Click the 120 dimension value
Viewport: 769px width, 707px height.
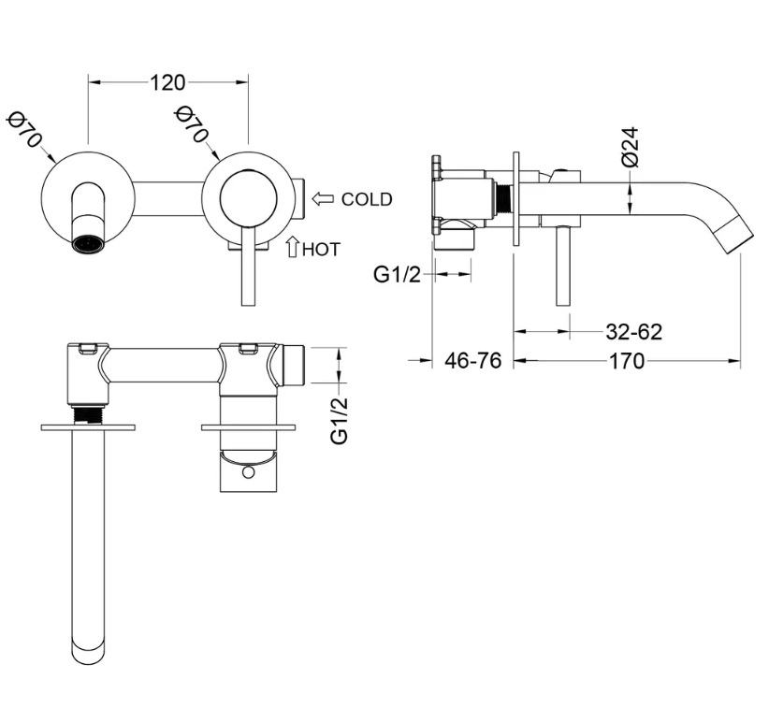pyautogui.click(x=167, y=83)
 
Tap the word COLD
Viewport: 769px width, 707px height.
pyautogui.click(x=367, y=199)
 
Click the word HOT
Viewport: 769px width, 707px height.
pyautogui.click(x=321, y=250)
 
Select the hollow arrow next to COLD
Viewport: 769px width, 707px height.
pyautogui.click(x=323, y=199)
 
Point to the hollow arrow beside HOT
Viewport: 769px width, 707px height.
pyautogui.click(x=293, y=247)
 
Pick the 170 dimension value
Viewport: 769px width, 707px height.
pyautogui.click(x=627, y=361)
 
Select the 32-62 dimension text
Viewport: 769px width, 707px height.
pyautogui.click(x=634, y=332)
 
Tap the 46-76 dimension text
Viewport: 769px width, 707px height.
pyautogui.click(x=473, y=361)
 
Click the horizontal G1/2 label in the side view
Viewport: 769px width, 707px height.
pyautogui.click(x=398, y=275)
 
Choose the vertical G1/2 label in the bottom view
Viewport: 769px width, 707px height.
pyautogui.click(x=339, y=421)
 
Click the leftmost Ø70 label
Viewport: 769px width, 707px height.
pyautogui.click(x=24, y=129)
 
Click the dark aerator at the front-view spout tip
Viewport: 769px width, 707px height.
pyautogui.click(x=88, y=243)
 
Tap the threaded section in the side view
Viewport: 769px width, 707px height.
pyautogui.click(x=501, y=199)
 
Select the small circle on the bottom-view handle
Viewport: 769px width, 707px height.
pyautogui.click(x=249, y=471)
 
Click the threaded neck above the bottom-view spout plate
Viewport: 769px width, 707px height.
pyautogui.click(x=88, y=414)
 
